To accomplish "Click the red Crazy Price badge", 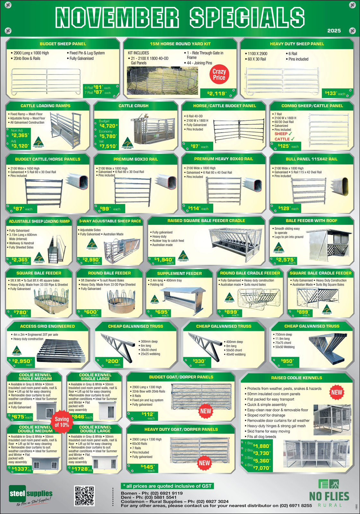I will tap(219, 75).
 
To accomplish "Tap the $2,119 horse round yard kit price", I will tap(217, 93).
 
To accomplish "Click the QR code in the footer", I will tap(84, 496).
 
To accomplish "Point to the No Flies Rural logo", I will tap(329, 494).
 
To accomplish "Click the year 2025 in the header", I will tap(334, 31).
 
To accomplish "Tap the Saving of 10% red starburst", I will tap(62, 422).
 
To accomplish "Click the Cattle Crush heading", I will tap(133, 106).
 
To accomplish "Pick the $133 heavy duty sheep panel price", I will tap(331, 93).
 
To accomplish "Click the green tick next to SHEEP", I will tap(290, 134).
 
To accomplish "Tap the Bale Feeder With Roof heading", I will tap(312, 221).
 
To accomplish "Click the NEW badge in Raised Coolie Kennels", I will tap(337, 392).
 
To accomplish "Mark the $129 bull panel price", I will tap(285, 208).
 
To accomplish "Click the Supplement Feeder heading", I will tap(179, 273).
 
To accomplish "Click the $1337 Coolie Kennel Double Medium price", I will tap(20, 469).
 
